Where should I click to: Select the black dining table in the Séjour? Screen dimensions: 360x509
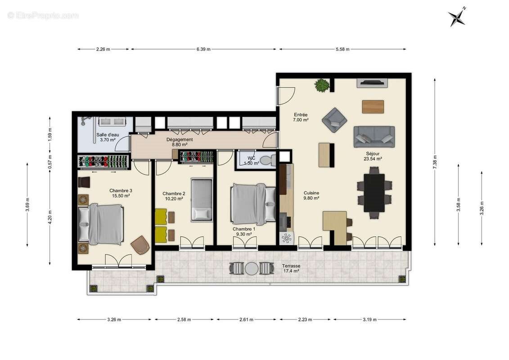click(x=374, y=193)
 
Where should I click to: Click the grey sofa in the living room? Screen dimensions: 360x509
click(x=374, y=136)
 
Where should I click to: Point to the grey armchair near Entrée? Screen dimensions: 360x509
click(x=334, y=120)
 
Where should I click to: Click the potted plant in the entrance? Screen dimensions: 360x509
click(x=322, y=85)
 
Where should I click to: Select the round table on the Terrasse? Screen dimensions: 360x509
click(x=252, y=269)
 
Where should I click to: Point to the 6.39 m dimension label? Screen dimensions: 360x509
click(x=203, y=49)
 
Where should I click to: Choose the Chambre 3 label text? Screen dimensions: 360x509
click(x=121, y=193)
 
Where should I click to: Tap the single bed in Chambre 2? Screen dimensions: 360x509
click(x=202, y=199)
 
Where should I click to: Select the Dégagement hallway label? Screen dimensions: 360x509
click(x=180, y=142)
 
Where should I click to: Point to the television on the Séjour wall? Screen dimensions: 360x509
click(x=372, y=83)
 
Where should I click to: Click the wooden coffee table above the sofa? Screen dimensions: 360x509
click(x=373, y=107)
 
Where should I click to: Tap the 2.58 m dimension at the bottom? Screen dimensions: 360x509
click(x=184, y=320)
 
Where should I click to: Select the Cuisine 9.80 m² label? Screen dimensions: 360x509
click(x=311, y=195)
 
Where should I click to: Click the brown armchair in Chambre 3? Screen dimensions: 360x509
click(x=140, y=245)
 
